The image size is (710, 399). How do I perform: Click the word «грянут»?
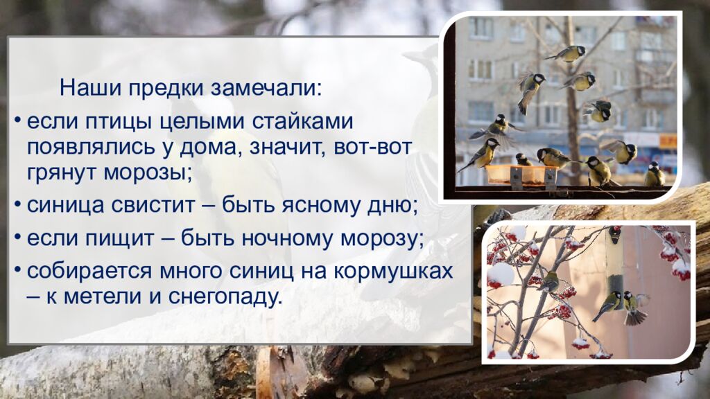pyautogui.click(x=62, y=172)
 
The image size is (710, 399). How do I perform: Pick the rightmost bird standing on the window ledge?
pyautogui.click(x=654, y=175)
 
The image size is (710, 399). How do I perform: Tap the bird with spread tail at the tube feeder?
pyautogui.click(x=633, y=308)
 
